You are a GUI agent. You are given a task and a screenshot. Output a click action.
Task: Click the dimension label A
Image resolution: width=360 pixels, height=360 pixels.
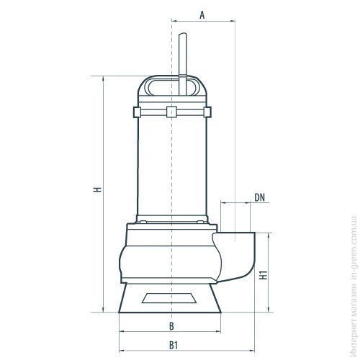tap(202, 15)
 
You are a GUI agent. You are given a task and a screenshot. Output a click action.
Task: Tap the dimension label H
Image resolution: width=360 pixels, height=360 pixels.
tap(98, 189)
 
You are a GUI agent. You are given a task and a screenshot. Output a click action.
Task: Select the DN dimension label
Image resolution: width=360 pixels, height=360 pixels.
tap(259, 197)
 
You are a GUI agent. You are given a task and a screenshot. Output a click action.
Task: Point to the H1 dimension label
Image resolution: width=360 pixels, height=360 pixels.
tap(264, 275)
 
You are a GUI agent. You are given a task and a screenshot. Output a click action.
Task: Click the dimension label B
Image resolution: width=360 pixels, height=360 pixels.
tap(171, 326)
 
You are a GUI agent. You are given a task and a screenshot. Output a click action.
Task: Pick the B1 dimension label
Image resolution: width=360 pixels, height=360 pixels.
tap(174, 346)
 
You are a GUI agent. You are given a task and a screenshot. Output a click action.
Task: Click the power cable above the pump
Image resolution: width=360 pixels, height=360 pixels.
tap(183, 63)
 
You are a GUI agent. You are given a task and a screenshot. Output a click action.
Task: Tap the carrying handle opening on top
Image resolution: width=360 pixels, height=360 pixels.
tap(172, 87)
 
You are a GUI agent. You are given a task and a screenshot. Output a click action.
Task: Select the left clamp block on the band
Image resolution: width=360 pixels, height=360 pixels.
tap(137, 112)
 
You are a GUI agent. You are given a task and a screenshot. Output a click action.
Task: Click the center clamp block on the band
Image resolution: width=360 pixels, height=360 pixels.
tap(171, 112)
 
